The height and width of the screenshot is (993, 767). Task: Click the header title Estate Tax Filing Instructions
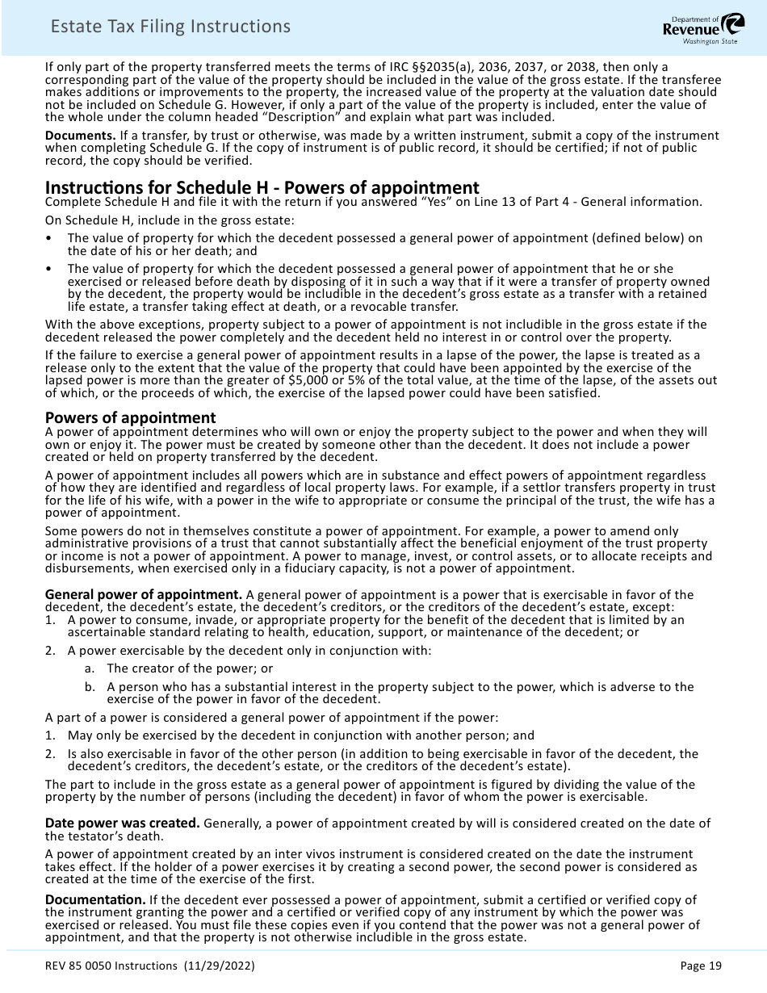tap(170, 27)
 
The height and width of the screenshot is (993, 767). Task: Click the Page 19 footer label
tap(701, 966)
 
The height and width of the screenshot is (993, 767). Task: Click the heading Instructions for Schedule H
tap(262, 188)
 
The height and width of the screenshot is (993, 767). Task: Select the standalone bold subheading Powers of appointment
tap(130, 417)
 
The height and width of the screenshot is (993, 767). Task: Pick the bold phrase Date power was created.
tap(122, 823)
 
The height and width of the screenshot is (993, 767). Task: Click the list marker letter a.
tap(88, 668)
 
